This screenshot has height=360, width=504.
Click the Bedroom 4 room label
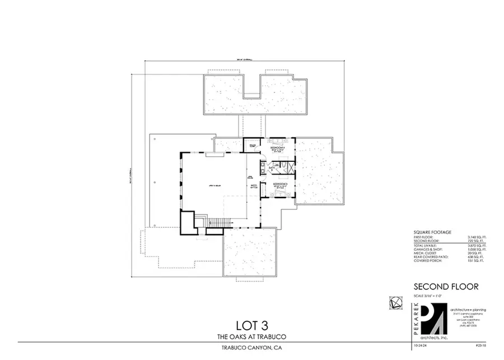(x=278, y=147)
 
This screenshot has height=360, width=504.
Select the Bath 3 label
(x=271, y=167)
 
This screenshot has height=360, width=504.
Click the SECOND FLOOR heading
(x=446, y=286)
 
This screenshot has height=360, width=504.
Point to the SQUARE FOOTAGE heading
(x=432, y=232)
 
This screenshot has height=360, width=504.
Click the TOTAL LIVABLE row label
(x=427, y=246)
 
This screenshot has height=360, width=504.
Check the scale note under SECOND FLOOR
(x=429, y=295)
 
